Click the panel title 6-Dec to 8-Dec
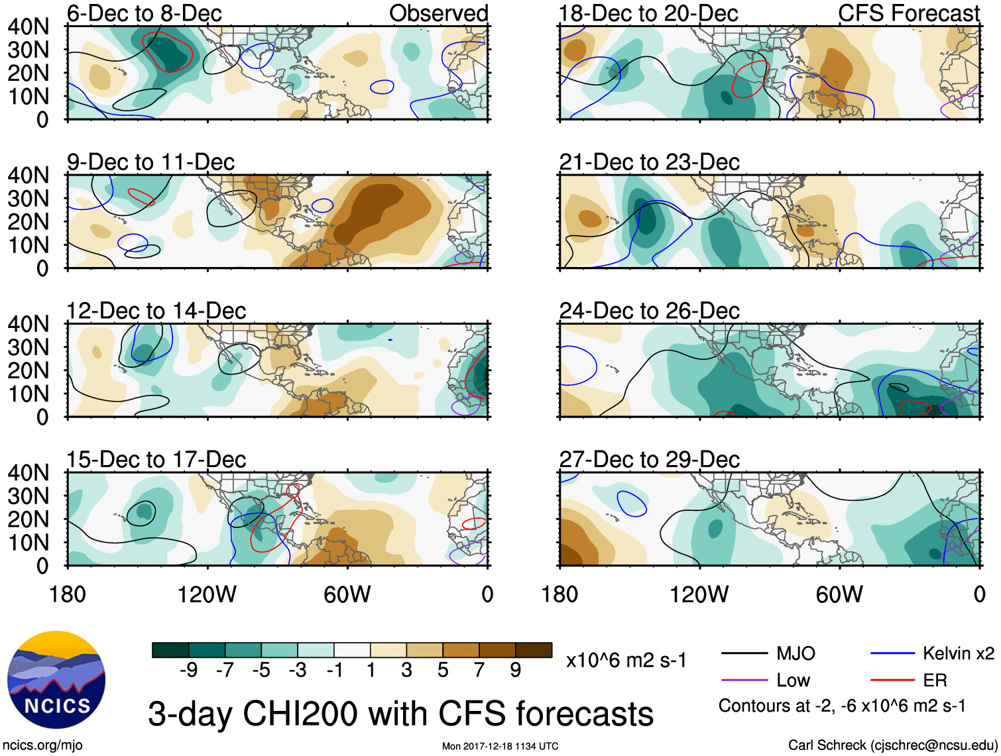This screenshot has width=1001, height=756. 144,13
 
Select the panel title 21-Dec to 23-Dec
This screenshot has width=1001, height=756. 649,162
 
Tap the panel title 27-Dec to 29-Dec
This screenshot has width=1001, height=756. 649,460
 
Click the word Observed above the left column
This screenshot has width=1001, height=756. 438,13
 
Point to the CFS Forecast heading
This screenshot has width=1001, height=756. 908,13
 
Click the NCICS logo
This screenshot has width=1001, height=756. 56,680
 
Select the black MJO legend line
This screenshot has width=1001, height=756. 744,654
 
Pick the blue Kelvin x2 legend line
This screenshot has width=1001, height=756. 892,654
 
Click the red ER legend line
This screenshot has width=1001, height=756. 892,680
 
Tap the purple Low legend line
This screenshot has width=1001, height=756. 744,680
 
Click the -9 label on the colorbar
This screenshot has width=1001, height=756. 188,671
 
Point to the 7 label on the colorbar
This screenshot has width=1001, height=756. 479,671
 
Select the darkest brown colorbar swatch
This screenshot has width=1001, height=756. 534,650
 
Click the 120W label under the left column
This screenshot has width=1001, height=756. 207,594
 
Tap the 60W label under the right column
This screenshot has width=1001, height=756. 839,594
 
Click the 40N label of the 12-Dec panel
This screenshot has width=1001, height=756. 28,324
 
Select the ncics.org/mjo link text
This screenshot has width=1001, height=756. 42,745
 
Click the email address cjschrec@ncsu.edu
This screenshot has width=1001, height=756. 933,745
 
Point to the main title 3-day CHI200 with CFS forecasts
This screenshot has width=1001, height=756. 400,714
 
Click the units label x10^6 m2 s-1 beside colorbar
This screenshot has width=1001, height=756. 626,661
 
